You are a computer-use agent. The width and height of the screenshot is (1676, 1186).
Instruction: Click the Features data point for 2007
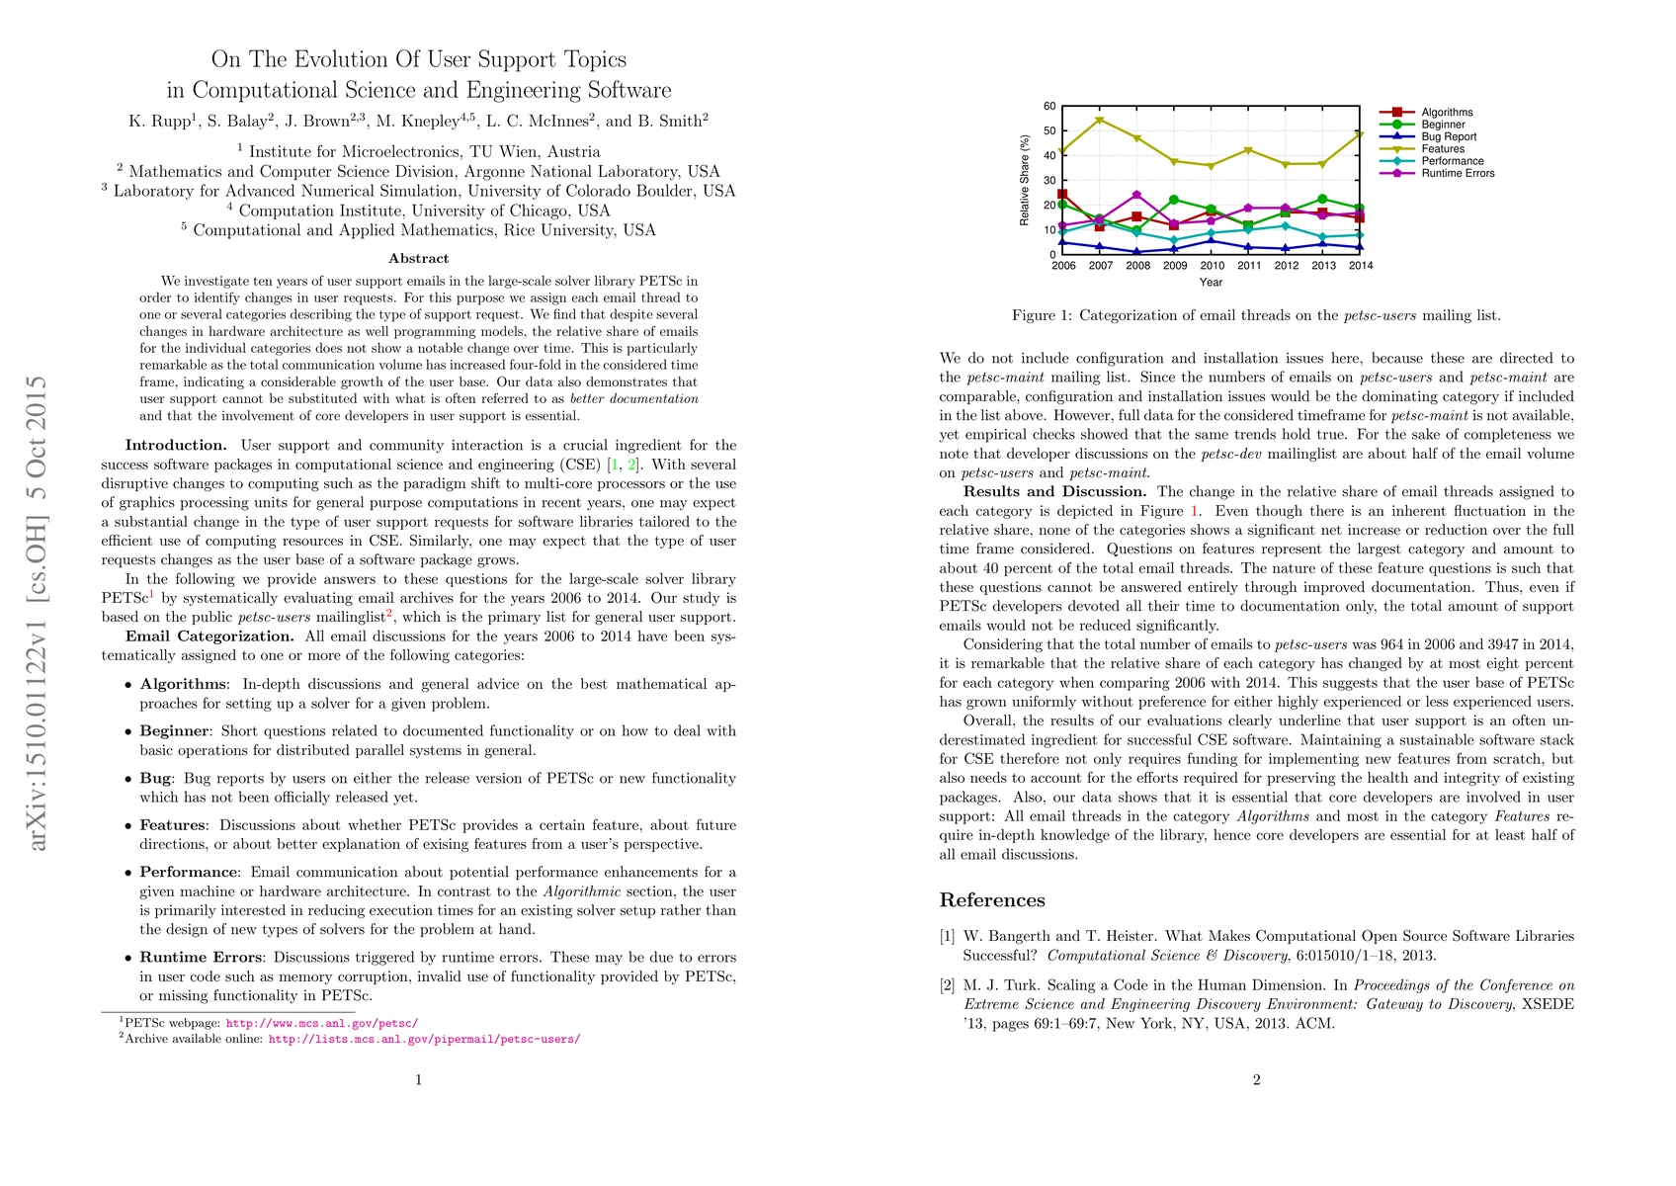tap(1100, 121)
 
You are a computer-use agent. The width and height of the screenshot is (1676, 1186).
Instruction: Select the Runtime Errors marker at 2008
tap(1137, 195)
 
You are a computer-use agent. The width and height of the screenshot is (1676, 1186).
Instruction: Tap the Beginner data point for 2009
tap(1174, 200)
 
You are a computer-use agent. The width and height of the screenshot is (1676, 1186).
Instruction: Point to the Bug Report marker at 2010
tap(1212, 240)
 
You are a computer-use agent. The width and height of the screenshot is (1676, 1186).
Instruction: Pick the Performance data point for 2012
tap(1286, 226)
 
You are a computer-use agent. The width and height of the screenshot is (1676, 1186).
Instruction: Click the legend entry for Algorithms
tap(1447, 113)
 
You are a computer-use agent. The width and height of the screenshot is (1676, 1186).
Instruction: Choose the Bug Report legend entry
tap(1449, 137)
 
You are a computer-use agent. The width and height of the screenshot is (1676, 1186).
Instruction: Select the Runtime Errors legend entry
tap(1458, 174)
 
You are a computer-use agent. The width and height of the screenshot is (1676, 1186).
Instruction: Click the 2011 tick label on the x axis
tap(1249, 266)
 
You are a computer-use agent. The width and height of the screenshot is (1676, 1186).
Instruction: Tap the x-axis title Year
tap(1211, 283)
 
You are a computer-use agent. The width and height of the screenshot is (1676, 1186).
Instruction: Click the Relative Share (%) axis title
tap(1025, 181)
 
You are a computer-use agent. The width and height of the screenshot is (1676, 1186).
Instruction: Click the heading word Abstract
tap(419, 259)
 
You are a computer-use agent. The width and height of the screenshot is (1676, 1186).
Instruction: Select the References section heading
tap(991, 900)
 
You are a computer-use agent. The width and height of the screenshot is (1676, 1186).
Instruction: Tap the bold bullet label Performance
tap(189, 873)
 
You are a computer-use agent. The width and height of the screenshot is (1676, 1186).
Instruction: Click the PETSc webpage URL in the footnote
tap(322, 1024)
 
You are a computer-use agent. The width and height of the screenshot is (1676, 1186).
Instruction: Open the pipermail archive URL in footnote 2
tap(424, 1040)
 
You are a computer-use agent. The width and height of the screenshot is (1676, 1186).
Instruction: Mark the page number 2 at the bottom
tap(1256, 1080)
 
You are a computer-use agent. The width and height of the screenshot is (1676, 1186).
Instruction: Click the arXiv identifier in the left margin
tap(38, 613)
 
